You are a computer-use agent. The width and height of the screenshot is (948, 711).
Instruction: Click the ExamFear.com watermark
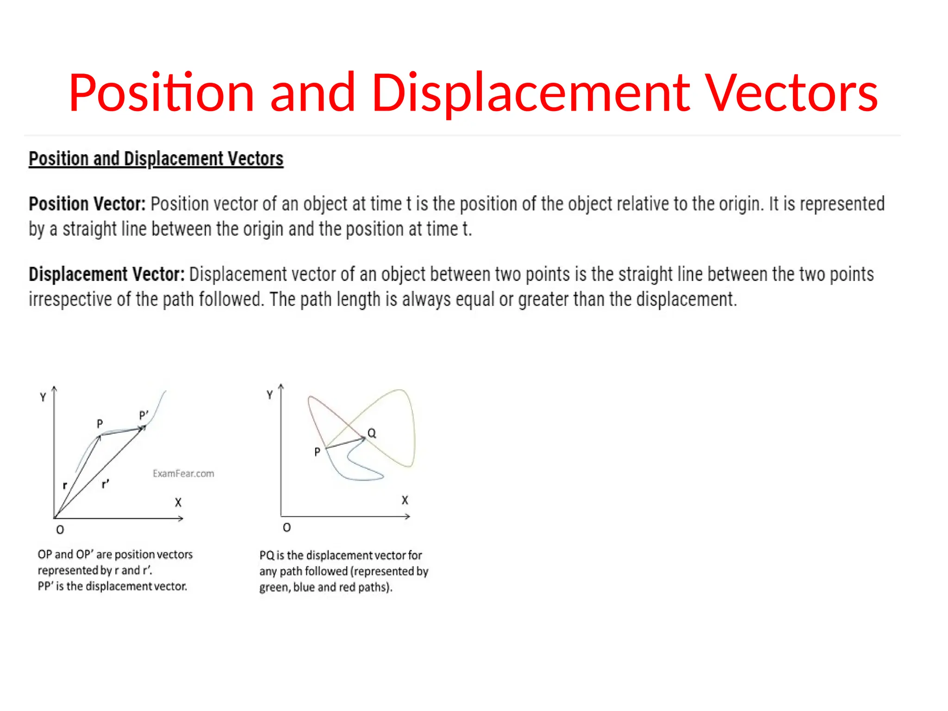(183, 474)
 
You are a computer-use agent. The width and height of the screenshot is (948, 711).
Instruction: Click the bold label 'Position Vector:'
(87, 204)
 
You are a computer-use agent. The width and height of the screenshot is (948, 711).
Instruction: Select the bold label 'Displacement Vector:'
(106, 274)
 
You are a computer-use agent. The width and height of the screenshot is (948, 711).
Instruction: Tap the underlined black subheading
(156, 159)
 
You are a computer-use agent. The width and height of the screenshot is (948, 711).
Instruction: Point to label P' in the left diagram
(144, 415)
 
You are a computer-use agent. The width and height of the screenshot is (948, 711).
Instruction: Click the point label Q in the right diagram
(372, 433)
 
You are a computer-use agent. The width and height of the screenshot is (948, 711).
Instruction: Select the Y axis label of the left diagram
(43, 397)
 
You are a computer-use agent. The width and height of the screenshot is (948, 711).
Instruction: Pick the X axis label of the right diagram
(405, 500)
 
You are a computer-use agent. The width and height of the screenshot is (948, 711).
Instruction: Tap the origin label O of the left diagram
(60, 530)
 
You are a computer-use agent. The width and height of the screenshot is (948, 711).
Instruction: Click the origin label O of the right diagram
(287, 528)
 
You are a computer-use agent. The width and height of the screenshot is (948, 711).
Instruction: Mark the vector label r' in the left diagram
(106, 484)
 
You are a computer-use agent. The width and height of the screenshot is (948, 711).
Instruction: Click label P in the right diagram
(317, 452)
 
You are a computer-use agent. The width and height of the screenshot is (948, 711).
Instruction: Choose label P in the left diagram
(100, 424)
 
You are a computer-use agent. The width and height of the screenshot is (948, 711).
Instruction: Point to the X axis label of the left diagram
(178, 503)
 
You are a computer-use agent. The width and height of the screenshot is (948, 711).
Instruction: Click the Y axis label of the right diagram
(270, 395)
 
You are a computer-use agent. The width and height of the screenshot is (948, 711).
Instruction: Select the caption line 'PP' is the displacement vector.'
(112, 586)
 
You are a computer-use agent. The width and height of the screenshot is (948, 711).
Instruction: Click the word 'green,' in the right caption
(274, 587)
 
